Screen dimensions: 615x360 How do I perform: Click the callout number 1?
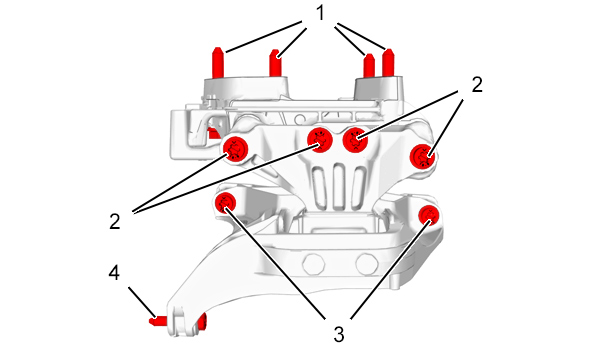(x=321, y=13)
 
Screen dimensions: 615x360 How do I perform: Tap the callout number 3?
(x=339, y=335)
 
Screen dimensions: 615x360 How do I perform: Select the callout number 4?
(x=114, y=273)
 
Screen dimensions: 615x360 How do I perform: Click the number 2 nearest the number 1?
(x=477, y=85)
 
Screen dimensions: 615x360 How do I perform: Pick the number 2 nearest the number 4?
(x=115, y=222)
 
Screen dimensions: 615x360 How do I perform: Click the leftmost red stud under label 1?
(x=218, y=63)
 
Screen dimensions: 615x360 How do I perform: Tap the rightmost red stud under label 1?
(x=388, y=62)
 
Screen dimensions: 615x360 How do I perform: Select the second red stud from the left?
(x=276, y=63)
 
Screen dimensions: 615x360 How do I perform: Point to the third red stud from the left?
(x=369, y=65)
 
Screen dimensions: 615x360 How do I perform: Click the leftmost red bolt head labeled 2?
(x=236, y=149)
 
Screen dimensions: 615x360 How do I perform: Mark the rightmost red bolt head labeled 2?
(x=422, y=156)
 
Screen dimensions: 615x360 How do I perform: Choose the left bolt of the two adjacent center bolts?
(x=320, y=140)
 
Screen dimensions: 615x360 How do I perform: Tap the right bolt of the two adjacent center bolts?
(x=356, y=140)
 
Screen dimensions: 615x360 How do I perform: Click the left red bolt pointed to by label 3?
(x=226, y=204)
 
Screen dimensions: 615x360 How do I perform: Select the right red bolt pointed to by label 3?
(x=429, y=215)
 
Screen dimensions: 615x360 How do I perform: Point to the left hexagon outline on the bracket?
(x=314, y=264)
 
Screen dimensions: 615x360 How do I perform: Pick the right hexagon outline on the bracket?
(x=367, y=264)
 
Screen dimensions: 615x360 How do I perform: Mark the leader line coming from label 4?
(x=142, y=302)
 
